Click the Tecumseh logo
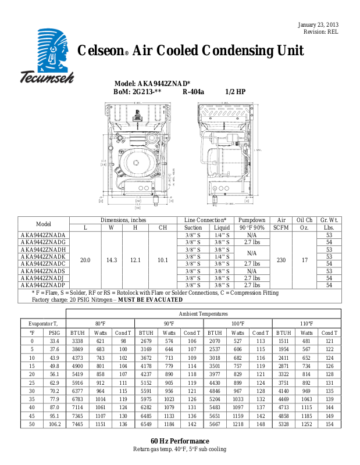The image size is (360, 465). (x=48, y=56)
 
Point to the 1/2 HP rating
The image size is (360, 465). (x=236, y=92)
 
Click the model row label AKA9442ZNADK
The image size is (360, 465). (x=42, y=256)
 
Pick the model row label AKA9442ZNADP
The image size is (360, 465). (x=42, y=285)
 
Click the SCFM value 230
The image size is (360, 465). (x=282, y=260)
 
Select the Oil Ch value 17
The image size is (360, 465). (x=304, y=260)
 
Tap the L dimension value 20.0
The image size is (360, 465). (x=85, y=260)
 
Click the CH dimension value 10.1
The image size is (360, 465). (x=163, y=260)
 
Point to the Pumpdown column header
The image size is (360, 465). (x=252, y=220)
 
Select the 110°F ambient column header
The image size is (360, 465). (x=306, y=323)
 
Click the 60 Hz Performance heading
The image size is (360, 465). (x=180, y=442)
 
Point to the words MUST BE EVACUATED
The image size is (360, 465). (x=150, y=299)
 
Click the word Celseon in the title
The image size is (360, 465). (x=99, y=51)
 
